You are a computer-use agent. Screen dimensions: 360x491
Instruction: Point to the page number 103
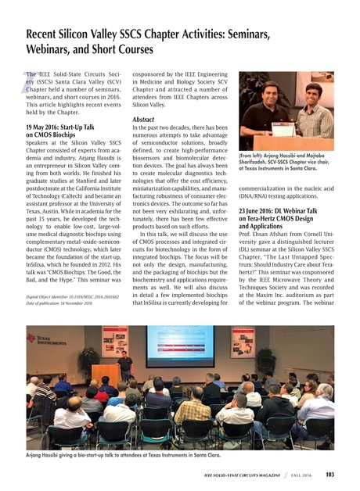330,474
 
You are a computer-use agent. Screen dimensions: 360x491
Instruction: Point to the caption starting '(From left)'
288,162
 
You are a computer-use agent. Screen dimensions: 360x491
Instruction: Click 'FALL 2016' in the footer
301,475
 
